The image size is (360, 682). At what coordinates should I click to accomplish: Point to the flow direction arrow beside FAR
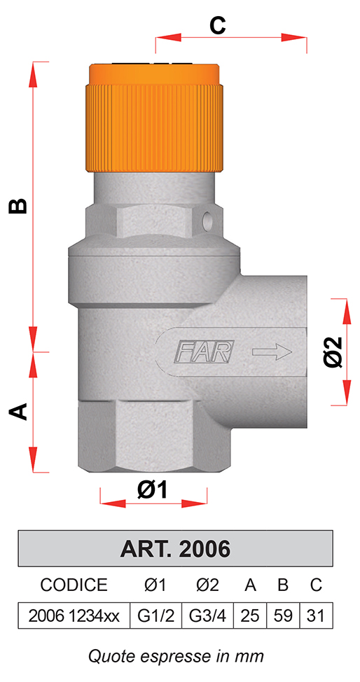(272, 352)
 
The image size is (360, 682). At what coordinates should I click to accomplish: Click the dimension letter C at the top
(218, 26)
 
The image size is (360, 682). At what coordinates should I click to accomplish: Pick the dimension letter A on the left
(18, 411)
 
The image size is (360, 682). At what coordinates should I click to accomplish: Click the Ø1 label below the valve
(153, 491)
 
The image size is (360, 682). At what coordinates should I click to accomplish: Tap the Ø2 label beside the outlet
(335, 352)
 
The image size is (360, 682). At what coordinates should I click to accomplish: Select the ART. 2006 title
(175, 549)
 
